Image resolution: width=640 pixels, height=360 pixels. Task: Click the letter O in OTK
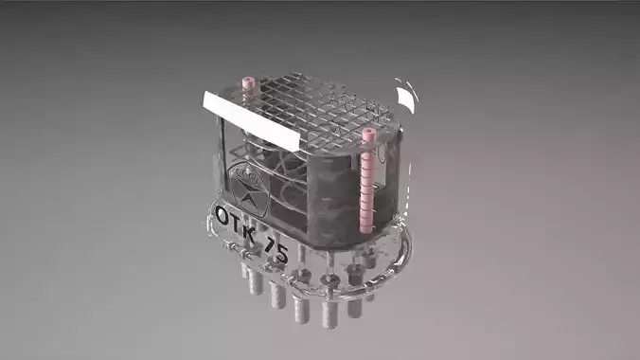pyautogui.click(x=222, y=215)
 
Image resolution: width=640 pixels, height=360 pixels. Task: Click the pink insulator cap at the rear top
pyautogui.click(x=250, y=83)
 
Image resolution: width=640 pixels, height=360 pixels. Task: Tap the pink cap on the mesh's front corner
pyautogui.click(x=368, y=136)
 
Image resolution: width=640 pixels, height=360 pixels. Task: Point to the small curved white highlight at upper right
pyautogui.click(x=406, y=97)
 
